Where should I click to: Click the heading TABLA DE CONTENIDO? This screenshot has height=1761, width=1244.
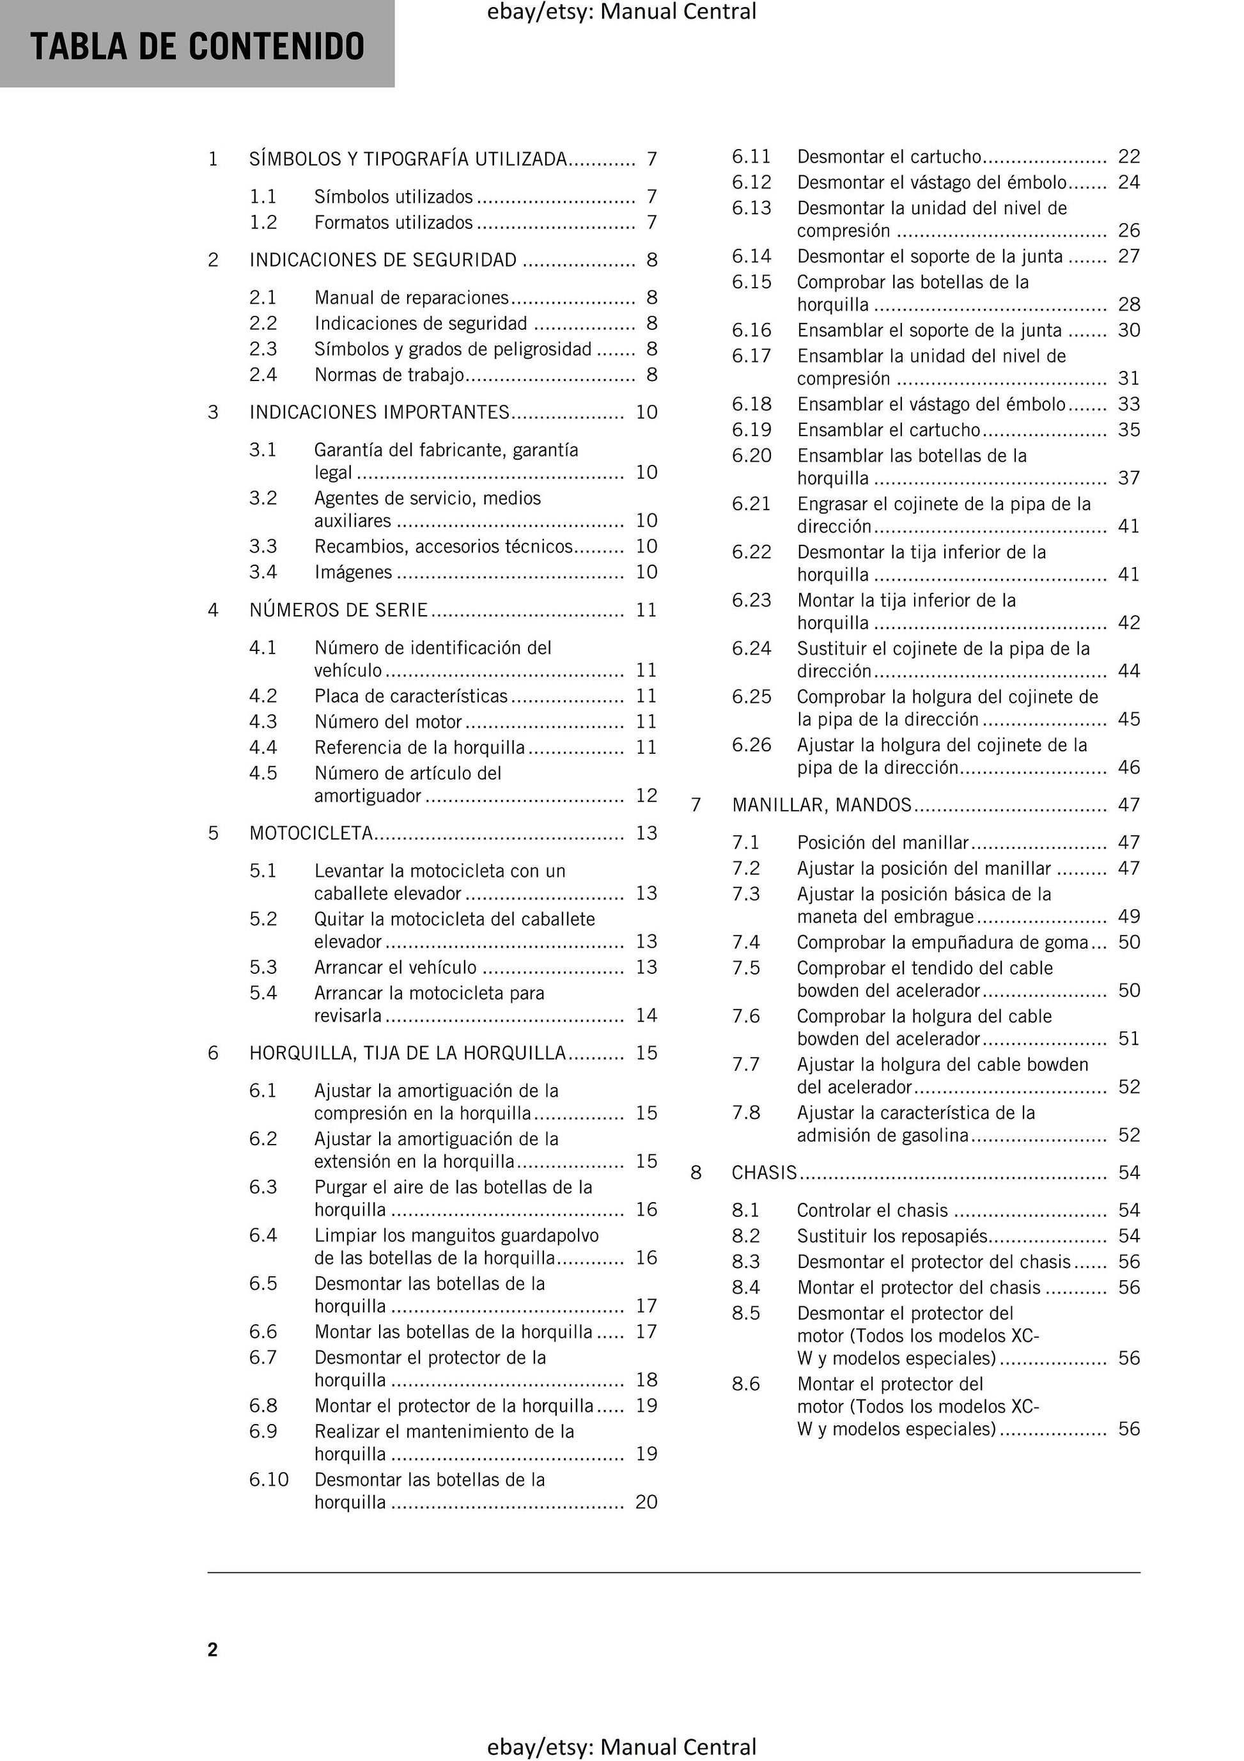tap(197, 46)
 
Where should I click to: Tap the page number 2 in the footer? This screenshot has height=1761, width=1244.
tap(212, 1650)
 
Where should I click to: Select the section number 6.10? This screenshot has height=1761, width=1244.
tap(268, 1480)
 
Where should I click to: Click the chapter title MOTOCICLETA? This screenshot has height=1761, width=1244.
tap(311, 833)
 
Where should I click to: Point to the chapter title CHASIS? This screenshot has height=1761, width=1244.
tap(765, 1173)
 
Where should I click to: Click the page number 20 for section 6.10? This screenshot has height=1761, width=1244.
tap(646, 1503)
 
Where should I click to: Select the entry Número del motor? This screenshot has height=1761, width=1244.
tap(388, 722)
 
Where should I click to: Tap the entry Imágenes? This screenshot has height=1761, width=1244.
tap(353, 572)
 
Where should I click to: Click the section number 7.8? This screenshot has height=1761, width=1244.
tap(745, 1113)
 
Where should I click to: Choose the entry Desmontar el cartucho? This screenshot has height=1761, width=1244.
tap(889, 157)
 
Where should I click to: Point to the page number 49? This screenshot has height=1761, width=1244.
tap(1129, 916)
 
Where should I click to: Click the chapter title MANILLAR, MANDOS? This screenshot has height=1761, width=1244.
tap(821, 805)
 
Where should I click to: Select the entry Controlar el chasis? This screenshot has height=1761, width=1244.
tap(872, 1210)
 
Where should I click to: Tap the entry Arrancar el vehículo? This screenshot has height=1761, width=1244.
tap(395, 967)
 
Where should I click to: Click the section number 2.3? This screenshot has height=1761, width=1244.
tap(263, 349)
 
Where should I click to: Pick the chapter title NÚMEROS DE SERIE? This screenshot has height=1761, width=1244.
tap(338, 611)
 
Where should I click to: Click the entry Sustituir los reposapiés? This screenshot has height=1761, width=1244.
tap(892, 1237)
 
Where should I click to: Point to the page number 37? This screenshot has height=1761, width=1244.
tap(1129, 478)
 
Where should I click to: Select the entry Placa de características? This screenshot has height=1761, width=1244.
tap(410, 696)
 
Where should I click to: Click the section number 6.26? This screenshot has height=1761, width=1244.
tap(751, 745)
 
